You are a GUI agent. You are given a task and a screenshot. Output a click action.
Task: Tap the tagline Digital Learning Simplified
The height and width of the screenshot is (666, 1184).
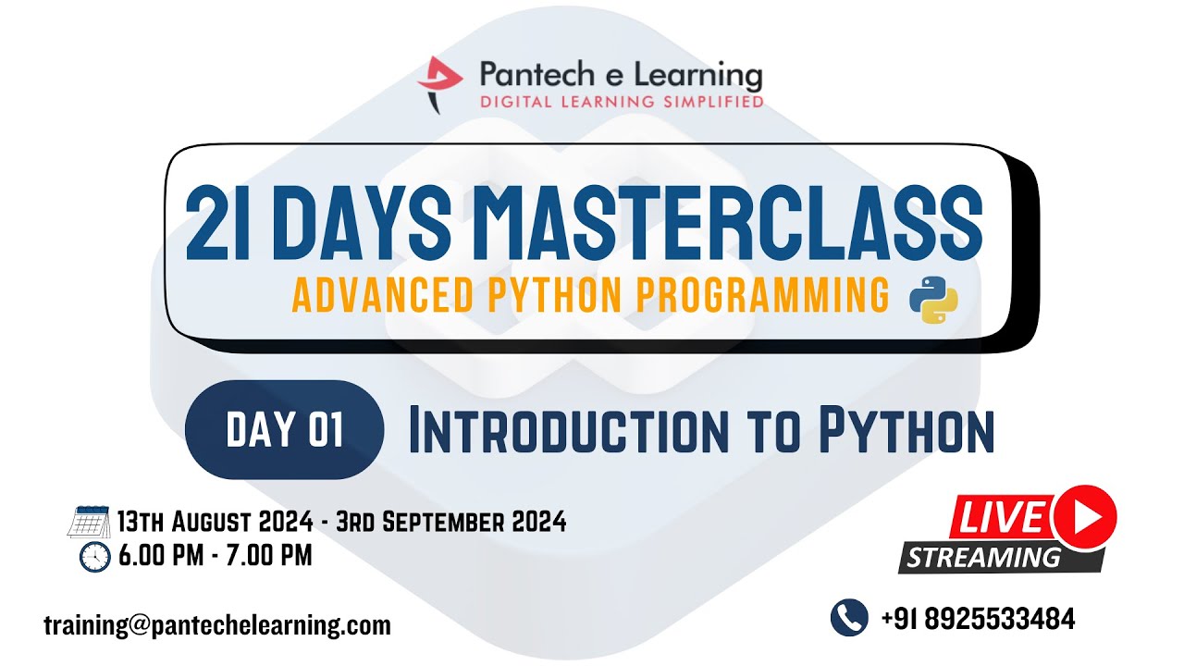622,101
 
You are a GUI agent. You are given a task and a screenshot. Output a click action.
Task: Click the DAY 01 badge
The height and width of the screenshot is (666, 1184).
285,430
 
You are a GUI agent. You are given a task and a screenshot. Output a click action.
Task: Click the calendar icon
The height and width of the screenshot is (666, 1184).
89,523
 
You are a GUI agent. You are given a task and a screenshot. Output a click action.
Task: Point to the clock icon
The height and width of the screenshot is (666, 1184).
94,557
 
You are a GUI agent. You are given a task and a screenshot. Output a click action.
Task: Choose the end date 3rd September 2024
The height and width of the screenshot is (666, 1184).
451,522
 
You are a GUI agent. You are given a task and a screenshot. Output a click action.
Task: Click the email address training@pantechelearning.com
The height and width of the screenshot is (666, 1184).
217,625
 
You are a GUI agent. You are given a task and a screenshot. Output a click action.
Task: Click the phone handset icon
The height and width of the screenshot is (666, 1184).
848,618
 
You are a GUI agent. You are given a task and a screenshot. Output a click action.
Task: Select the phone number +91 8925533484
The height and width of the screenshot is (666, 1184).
978,619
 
